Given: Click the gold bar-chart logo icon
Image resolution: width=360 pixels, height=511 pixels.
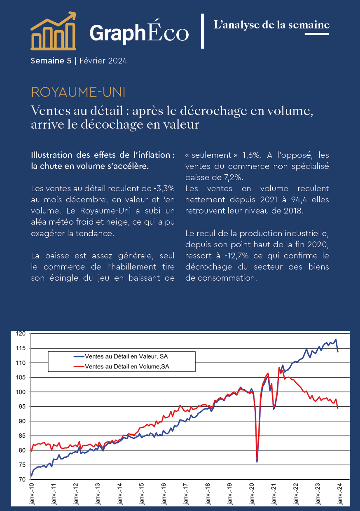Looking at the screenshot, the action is click(54, 31).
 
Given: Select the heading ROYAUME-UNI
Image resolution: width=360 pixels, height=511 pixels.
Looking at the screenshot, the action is click(78, 92).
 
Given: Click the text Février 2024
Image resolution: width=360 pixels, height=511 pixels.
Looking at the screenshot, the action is click(103, 61).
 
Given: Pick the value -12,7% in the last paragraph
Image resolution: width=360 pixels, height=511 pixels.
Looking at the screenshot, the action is click(237, 255).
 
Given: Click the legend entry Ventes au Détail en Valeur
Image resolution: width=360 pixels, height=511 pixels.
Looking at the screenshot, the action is click(121, 356).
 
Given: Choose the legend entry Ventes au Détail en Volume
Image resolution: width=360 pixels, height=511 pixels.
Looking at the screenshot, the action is click(122, 367).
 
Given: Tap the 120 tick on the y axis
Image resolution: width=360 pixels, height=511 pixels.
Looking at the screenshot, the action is click(21, 334).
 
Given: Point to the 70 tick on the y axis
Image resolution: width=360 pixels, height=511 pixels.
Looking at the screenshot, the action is click(22, 479).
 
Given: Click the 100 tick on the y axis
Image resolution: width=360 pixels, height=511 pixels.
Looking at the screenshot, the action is click(21, 392).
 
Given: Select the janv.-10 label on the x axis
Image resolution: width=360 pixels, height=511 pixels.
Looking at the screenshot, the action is click(31, 493).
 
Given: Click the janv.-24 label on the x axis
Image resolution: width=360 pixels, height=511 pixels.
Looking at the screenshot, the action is click(339, 493).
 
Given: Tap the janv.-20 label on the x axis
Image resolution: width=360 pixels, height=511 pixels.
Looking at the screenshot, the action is click(252, 493).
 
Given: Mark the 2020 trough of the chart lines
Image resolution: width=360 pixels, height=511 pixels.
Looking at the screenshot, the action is click(257, 462).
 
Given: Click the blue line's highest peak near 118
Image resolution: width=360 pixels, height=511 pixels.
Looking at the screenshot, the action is click(336, 340).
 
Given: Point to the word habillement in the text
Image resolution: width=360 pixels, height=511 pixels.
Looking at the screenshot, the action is click(134, 267).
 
